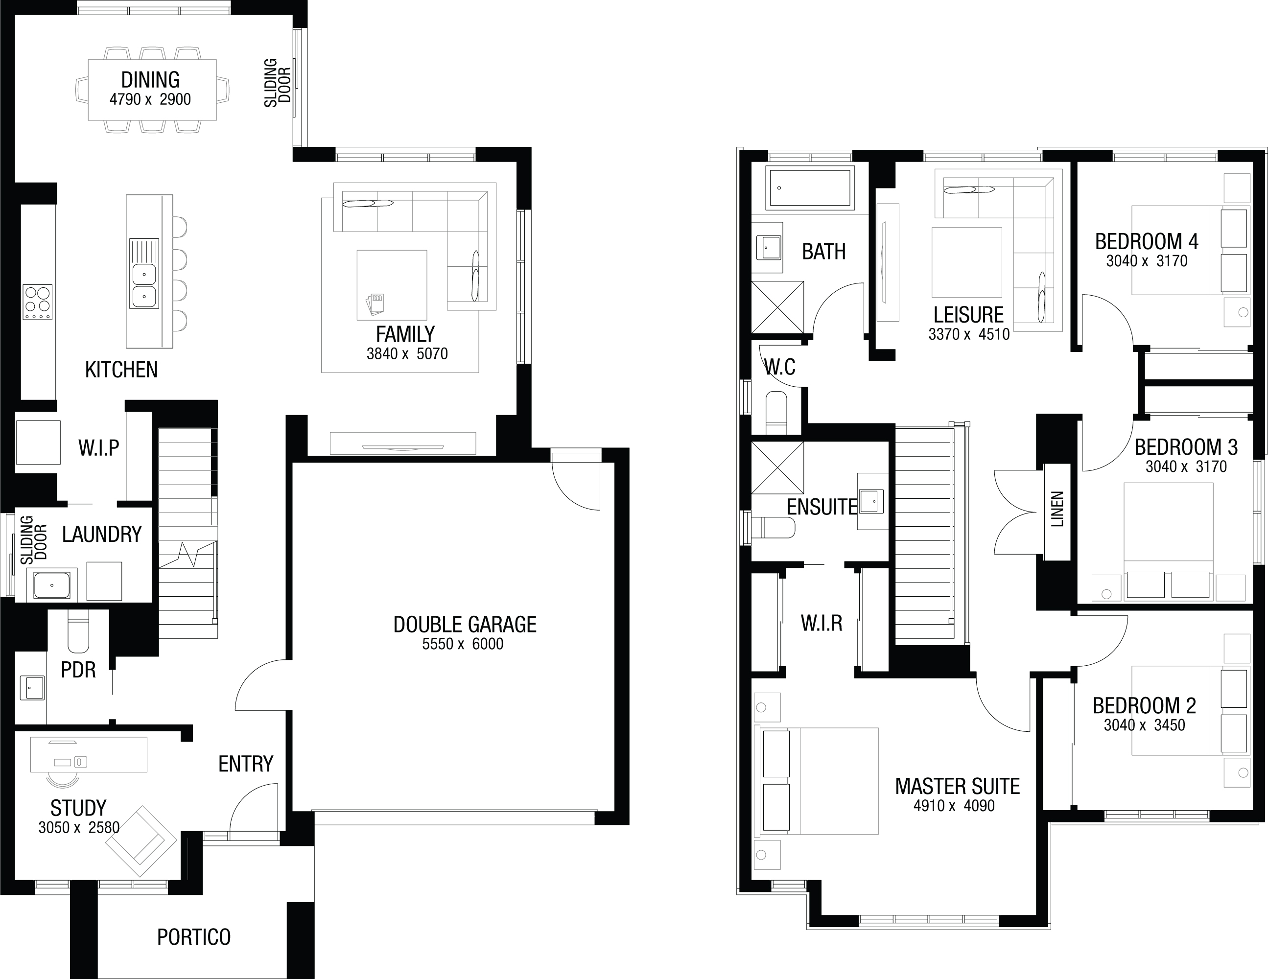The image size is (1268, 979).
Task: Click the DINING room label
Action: [x=150, y=80]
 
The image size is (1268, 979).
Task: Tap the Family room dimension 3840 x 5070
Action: [x=407, y=353]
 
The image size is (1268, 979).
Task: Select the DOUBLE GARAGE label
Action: [x=465, y=624]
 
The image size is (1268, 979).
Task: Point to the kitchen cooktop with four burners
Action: [x=37, y=302]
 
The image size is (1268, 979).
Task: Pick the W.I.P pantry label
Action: [x=99, y=448]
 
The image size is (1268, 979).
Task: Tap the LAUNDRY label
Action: [x=102, y=534]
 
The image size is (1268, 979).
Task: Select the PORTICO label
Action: [x=194, y=937]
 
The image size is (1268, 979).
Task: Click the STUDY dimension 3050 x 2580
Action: [x=79, y=827]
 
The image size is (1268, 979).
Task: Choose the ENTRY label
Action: [x=246, y=764]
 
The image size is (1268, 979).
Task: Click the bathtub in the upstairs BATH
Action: [x=810, y=187]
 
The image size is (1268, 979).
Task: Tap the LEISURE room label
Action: [x=968, y=315]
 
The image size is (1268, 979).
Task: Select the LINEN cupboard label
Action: [x=1057, y=509]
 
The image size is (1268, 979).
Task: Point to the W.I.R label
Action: [x=822, y=623]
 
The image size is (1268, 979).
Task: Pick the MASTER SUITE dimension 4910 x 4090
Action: [x=954, y=806]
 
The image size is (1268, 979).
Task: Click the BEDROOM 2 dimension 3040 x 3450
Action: [x=1144, y=725]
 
